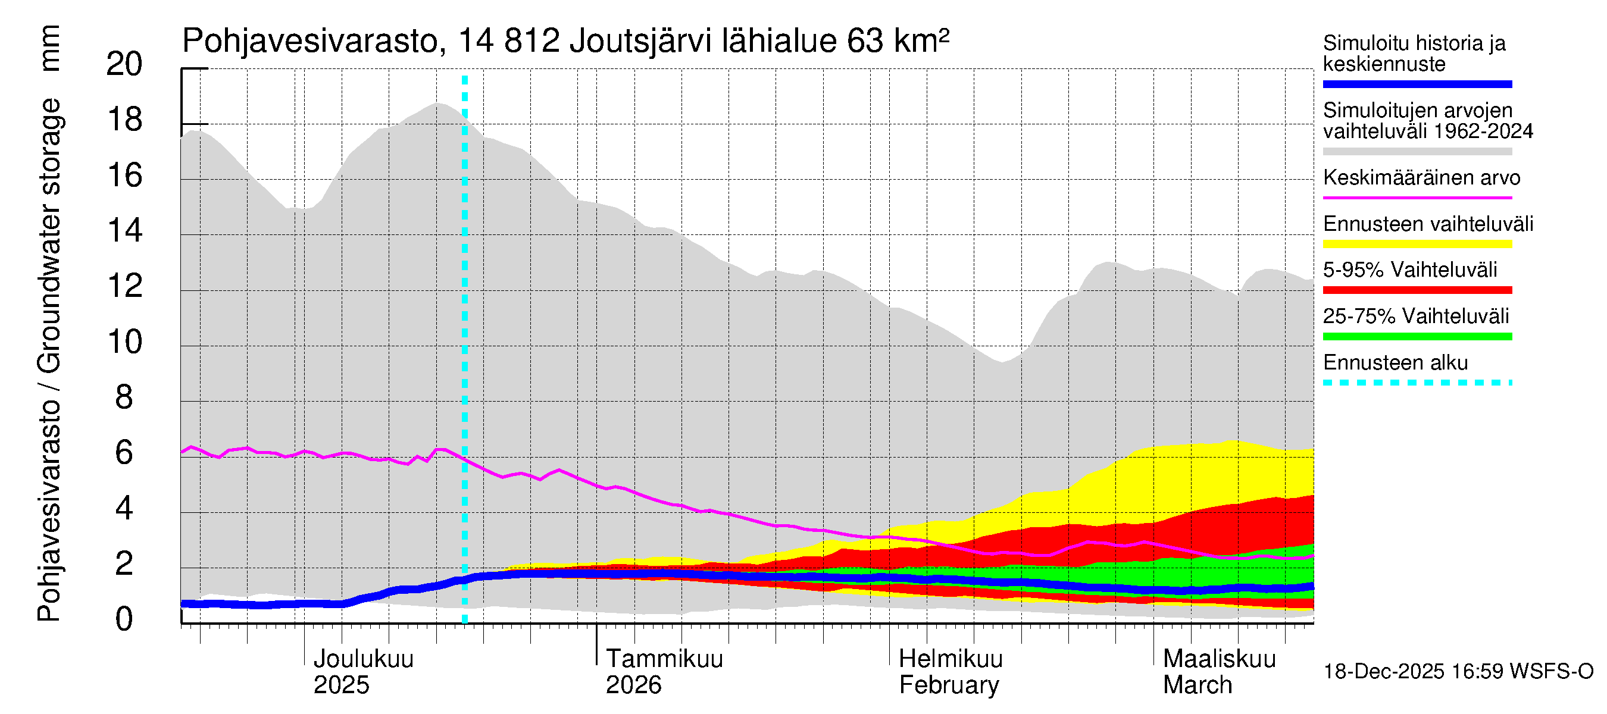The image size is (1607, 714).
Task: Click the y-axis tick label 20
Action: [124, 64]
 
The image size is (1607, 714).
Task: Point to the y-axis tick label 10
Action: [124, 342]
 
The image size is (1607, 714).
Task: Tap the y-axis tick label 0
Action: [124, 619]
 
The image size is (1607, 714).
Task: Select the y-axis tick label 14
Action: [124, 231]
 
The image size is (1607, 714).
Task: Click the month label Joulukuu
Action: [363, 659]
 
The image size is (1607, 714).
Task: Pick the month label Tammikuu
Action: [664, 659]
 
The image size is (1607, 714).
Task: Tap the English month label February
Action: [948, 685]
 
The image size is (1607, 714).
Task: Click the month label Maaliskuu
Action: [1219, 659]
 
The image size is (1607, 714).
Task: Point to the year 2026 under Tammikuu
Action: [633, 685]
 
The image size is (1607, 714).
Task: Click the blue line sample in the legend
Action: [1417, 84]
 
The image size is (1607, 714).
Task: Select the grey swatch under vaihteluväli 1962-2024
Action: [1417, 152]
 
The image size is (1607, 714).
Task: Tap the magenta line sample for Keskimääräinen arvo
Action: [1417, 198]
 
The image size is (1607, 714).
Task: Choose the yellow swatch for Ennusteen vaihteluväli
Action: [1417, 244]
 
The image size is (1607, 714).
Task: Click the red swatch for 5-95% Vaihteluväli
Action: [1417, 290]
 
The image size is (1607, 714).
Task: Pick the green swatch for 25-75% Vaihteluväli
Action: [1417, 337]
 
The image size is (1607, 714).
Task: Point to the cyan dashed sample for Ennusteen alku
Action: [1417, 382]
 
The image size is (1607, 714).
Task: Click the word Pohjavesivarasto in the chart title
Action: [311, 42]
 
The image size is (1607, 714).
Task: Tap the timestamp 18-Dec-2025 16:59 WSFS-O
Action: [1458, 672]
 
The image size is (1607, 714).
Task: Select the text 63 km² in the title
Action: [898, 40]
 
